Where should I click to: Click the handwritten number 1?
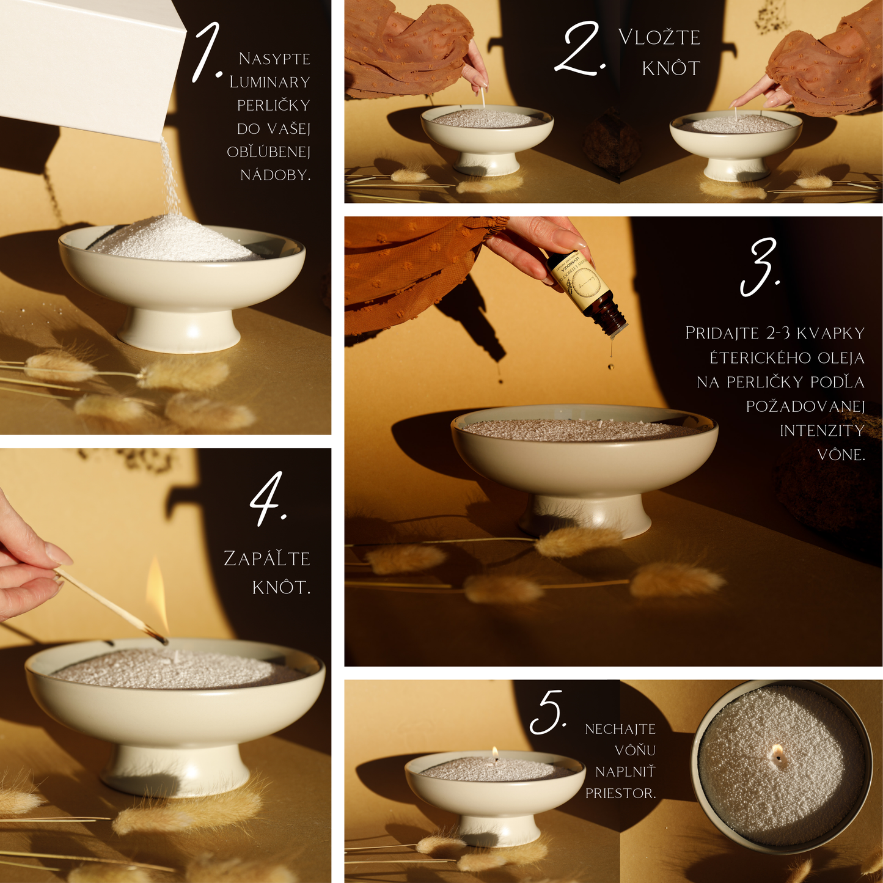207,53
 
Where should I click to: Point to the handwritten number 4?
268,499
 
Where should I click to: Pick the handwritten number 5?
548,712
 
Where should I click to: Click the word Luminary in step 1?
270,82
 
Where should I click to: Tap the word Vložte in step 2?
659,37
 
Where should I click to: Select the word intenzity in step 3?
822,431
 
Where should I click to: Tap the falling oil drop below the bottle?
610,366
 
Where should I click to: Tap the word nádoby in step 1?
276,175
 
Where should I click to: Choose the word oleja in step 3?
837,358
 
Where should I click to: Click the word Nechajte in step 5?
620,729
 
